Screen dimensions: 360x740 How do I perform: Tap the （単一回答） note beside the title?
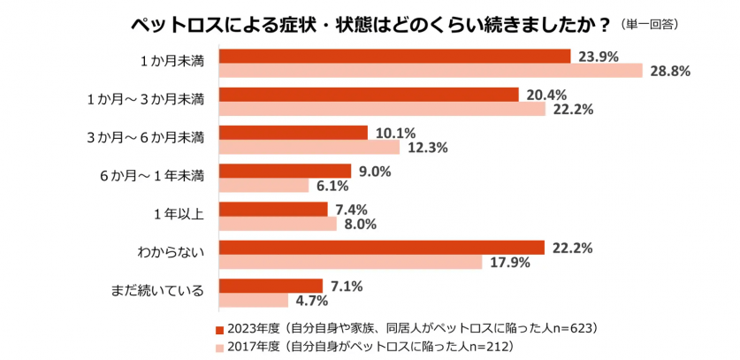pyautogui.click(x=655, y=22)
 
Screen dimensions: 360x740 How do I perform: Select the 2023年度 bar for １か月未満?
pyautogui.click(x=394, y=57)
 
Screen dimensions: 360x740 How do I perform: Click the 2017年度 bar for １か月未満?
pyautogui.click(x=431, y=71)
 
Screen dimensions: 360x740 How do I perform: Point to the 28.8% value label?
pyautogui.click(x=669, y=72)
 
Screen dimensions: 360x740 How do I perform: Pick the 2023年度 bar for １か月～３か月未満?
pyautogui.click(x=369, y=95)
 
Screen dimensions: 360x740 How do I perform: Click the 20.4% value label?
pyautogui.click(x=546, y=95)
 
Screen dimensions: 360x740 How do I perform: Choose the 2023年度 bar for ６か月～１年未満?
pyautogui.click(x=285, y=172)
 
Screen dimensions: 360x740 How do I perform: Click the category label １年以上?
pyautogui.click(x=179, y=214)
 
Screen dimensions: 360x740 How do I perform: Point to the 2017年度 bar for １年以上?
pyautogui.click(x=278, y=224)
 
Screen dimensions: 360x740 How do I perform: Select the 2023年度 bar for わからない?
pyautogui.click(x=382, y=247)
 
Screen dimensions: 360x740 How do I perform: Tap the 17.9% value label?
pyautogui.click(x=507, y=263)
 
